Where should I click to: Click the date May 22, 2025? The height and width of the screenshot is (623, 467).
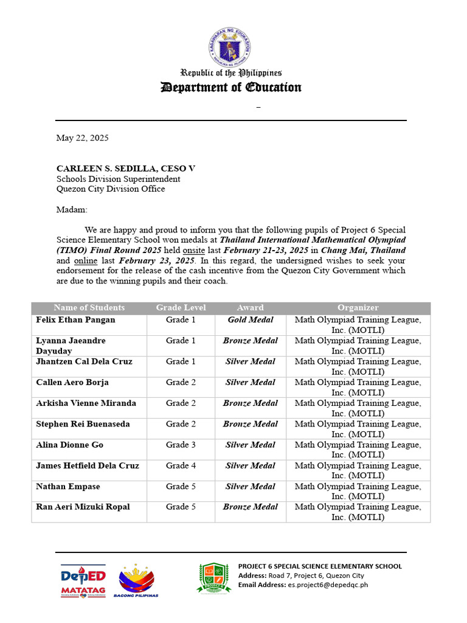(83, 138)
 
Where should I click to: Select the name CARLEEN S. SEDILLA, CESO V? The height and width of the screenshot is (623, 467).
(126, 169)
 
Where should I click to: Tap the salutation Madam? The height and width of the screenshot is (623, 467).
(72, 209)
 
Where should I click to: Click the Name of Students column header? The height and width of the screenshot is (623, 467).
(89, 308)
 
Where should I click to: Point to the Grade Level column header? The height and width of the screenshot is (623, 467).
(181, 308)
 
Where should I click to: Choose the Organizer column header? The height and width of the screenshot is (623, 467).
(358, 308)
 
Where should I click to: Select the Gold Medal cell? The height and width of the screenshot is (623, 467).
(251, 320)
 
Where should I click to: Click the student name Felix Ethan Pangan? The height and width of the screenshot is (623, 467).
(75, 320)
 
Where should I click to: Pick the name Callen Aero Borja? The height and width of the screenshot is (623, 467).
(72, 383)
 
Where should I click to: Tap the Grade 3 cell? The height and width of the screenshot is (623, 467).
(181, 445)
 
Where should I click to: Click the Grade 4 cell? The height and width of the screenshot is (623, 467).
(181, 465)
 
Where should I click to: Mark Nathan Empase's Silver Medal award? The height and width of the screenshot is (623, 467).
(251, 487)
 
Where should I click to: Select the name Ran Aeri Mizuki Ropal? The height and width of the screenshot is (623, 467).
(83, 507)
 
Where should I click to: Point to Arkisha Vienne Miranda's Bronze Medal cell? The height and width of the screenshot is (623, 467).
(251, 403)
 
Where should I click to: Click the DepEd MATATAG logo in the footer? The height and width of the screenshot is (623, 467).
(83, 580)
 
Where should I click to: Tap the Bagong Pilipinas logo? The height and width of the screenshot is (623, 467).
(136, 580)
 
